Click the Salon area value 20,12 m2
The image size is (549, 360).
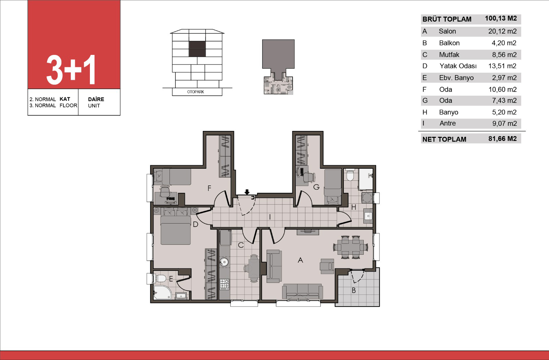click(502, 31)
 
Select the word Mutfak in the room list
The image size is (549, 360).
click(449, 55)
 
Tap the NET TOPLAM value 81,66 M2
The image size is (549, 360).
click(502, 139)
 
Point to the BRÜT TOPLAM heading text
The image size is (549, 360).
click(447, 19)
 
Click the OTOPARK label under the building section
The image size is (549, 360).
click(196, 92)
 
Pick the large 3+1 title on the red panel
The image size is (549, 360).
click(71, 70)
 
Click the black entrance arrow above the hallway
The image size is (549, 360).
click(247, 192)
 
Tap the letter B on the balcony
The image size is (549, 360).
click(354, 290)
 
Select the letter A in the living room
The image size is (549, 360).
click(300, 260)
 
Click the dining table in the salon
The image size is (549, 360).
click(350, 247)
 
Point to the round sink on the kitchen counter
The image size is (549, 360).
click(224, 262)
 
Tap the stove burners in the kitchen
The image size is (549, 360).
click(224, 284)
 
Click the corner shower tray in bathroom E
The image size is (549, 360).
click(162, 292)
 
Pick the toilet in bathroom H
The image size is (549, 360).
click(350, 175)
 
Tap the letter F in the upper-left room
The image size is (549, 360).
click(209, 188)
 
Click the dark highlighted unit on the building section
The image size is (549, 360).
click(197, 49)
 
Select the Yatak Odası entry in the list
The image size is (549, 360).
click(458, 66)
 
